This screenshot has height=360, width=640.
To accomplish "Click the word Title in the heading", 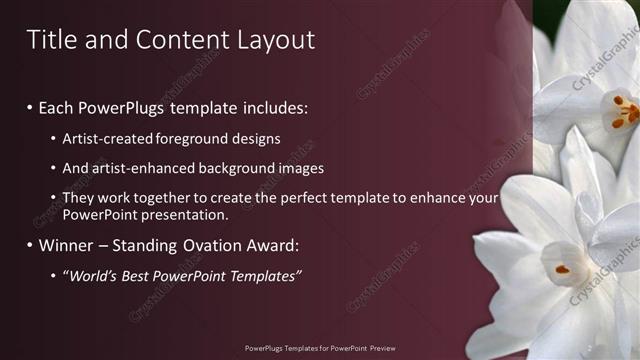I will tap(51, 39).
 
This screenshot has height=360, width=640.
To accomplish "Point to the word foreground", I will tap(185, 138).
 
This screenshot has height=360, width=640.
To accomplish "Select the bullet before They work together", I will tap(53, 199).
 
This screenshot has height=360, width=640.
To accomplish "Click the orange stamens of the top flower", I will tap(622, 111).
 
